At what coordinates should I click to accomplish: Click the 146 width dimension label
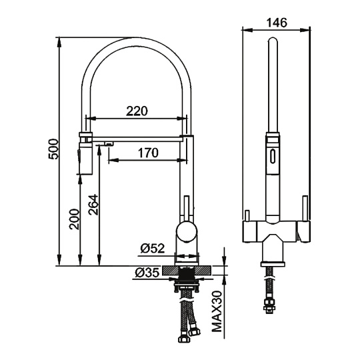point(277,23)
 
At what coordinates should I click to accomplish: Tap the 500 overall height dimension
point(54,149)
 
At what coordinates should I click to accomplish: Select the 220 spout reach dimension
point(137,111)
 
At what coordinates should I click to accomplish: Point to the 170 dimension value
point(148,153)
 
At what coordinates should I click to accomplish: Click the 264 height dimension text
point(93,205)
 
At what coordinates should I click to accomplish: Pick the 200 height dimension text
point(74,219)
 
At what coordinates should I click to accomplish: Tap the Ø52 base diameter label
point(153,249)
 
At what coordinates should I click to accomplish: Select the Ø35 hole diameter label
point(147,273)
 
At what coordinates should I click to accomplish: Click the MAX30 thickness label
point(217,312)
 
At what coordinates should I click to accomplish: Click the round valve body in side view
point(187,231)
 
